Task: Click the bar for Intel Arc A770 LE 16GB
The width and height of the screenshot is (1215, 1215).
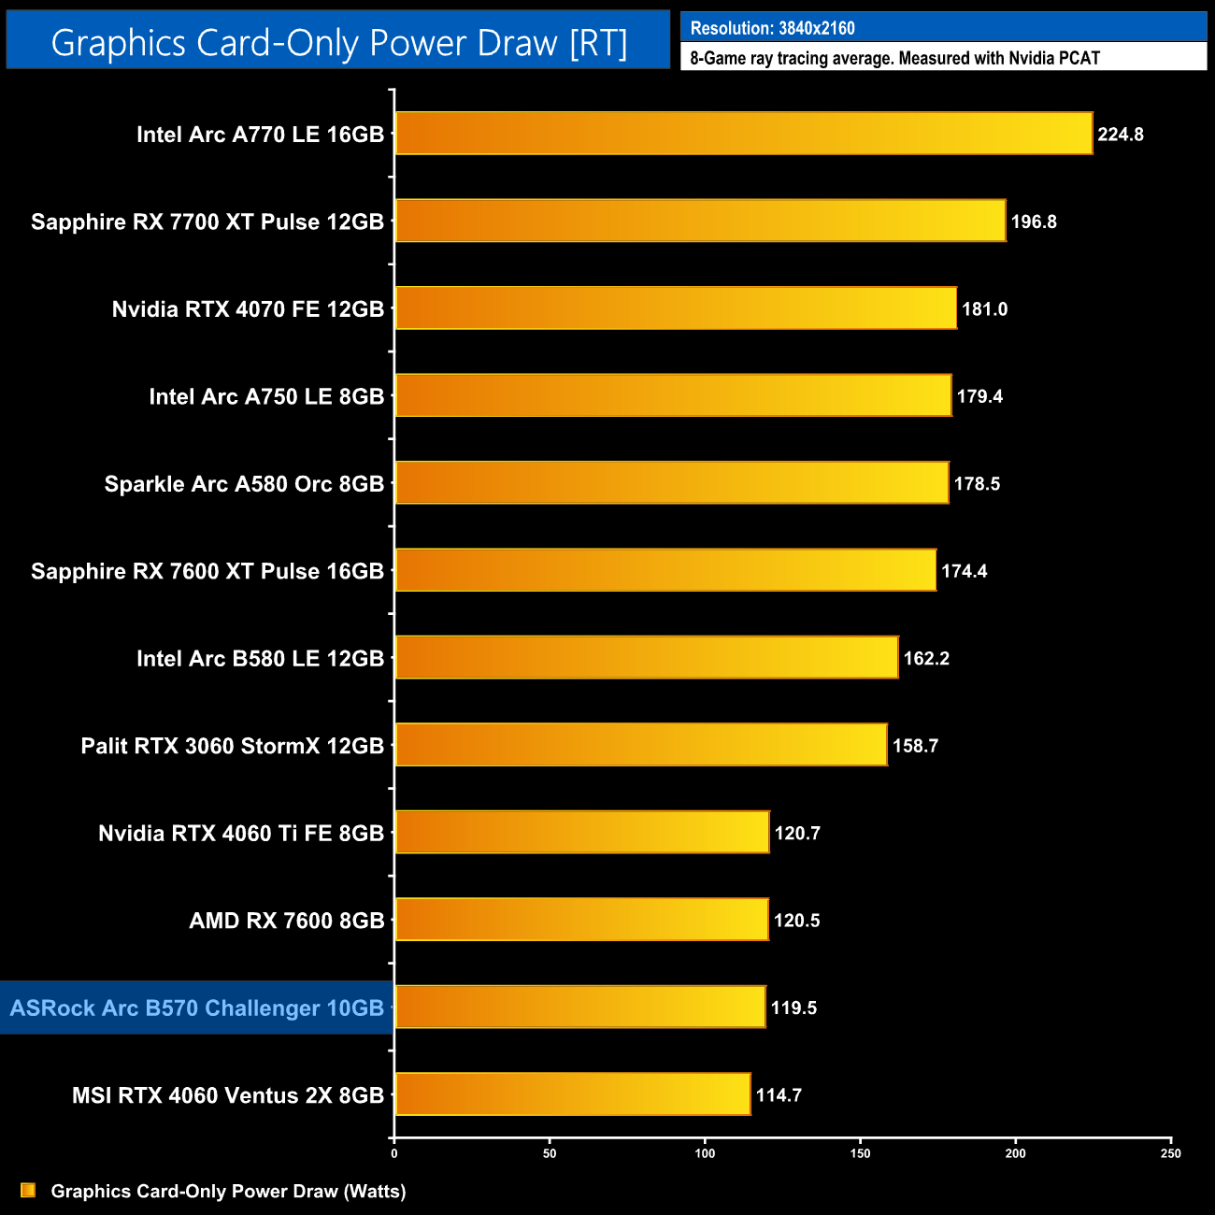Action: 743,134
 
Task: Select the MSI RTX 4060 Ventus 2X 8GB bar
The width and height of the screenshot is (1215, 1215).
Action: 572,1094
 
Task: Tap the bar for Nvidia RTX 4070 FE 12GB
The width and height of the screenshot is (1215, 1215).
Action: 676,308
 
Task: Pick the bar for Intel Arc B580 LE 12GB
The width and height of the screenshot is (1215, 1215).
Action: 646,658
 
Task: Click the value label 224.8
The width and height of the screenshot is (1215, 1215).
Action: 1121,135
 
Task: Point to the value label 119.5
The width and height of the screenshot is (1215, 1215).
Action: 793,1008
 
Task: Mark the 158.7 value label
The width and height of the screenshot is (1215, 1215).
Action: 915,746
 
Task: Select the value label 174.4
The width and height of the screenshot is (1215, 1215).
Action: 964,571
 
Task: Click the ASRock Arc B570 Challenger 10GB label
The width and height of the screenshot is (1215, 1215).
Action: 197,1008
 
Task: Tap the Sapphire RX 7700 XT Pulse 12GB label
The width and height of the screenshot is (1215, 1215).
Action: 207,222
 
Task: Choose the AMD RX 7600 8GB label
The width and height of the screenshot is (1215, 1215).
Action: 287,921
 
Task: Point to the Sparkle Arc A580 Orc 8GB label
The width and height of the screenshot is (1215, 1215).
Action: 244,484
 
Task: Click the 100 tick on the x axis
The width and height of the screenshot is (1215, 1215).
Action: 706,1153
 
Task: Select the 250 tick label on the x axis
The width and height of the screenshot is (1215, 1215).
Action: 1171,1153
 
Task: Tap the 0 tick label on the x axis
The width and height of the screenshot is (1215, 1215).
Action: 394,1153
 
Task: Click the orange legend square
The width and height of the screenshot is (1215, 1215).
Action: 28,1191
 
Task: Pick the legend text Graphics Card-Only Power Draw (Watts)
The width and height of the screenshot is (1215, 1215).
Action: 228,1192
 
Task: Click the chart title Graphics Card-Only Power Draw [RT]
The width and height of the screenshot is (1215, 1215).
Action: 338,43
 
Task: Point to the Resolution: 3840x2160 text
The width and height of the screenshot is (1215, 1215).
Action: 772,28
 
